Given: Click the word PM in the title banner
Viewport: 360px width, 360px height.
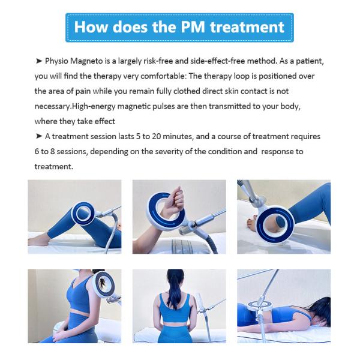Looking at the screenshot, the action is point(193,27).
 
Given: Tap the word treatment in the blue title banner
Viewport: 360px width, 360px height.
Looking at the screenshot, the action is point(247,27).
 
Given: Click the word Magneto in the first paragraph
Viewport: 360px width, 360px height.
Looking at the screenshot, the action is point(86,61).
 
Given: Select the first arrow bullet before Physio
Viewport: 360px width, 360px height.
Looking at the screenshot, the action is point(39,61).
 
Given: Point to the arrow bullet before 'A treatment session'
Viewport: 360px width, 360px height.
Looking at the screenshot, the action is point(39,136).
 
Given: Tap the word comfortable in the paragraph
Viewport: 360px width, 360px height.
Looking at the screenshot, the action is point(163,76).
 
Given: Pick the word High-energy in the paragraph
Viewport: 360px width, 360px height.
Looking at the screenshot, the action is point(94,107).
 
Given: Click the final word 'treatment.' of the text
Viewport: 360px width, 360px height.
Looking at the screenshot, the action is point(54,167).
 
